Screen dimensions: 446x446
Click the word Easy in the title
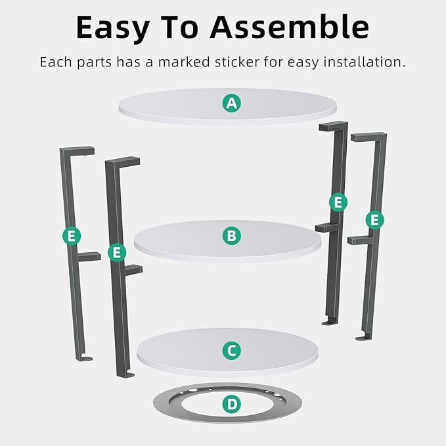click(x=112, y=28)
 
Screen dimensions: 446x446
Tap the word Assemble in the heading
click(x=289, y=27)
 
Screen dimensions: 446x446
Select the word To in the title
click(x=179, y=27)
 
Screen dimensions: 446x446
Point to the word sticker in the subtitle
click(x=237, y=62)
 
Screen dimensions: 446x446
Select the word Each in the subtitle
click(x=56, y=62)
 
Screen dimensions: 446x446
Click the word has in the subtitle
click(x=129, y=62)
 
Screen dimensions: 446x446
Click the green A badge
click(x=231, y=103)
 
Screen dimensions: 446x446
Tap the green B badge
click(x=231, y=236)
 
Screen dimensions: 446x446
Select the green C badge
click(x=231, y=351)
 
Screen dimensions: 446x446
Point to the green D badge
click(x=231, y=404)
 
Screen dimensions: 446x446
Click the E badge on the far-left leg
click(x=72, y=236)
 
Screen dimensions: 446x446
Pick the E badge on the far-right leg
click(x=374, y=220)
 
